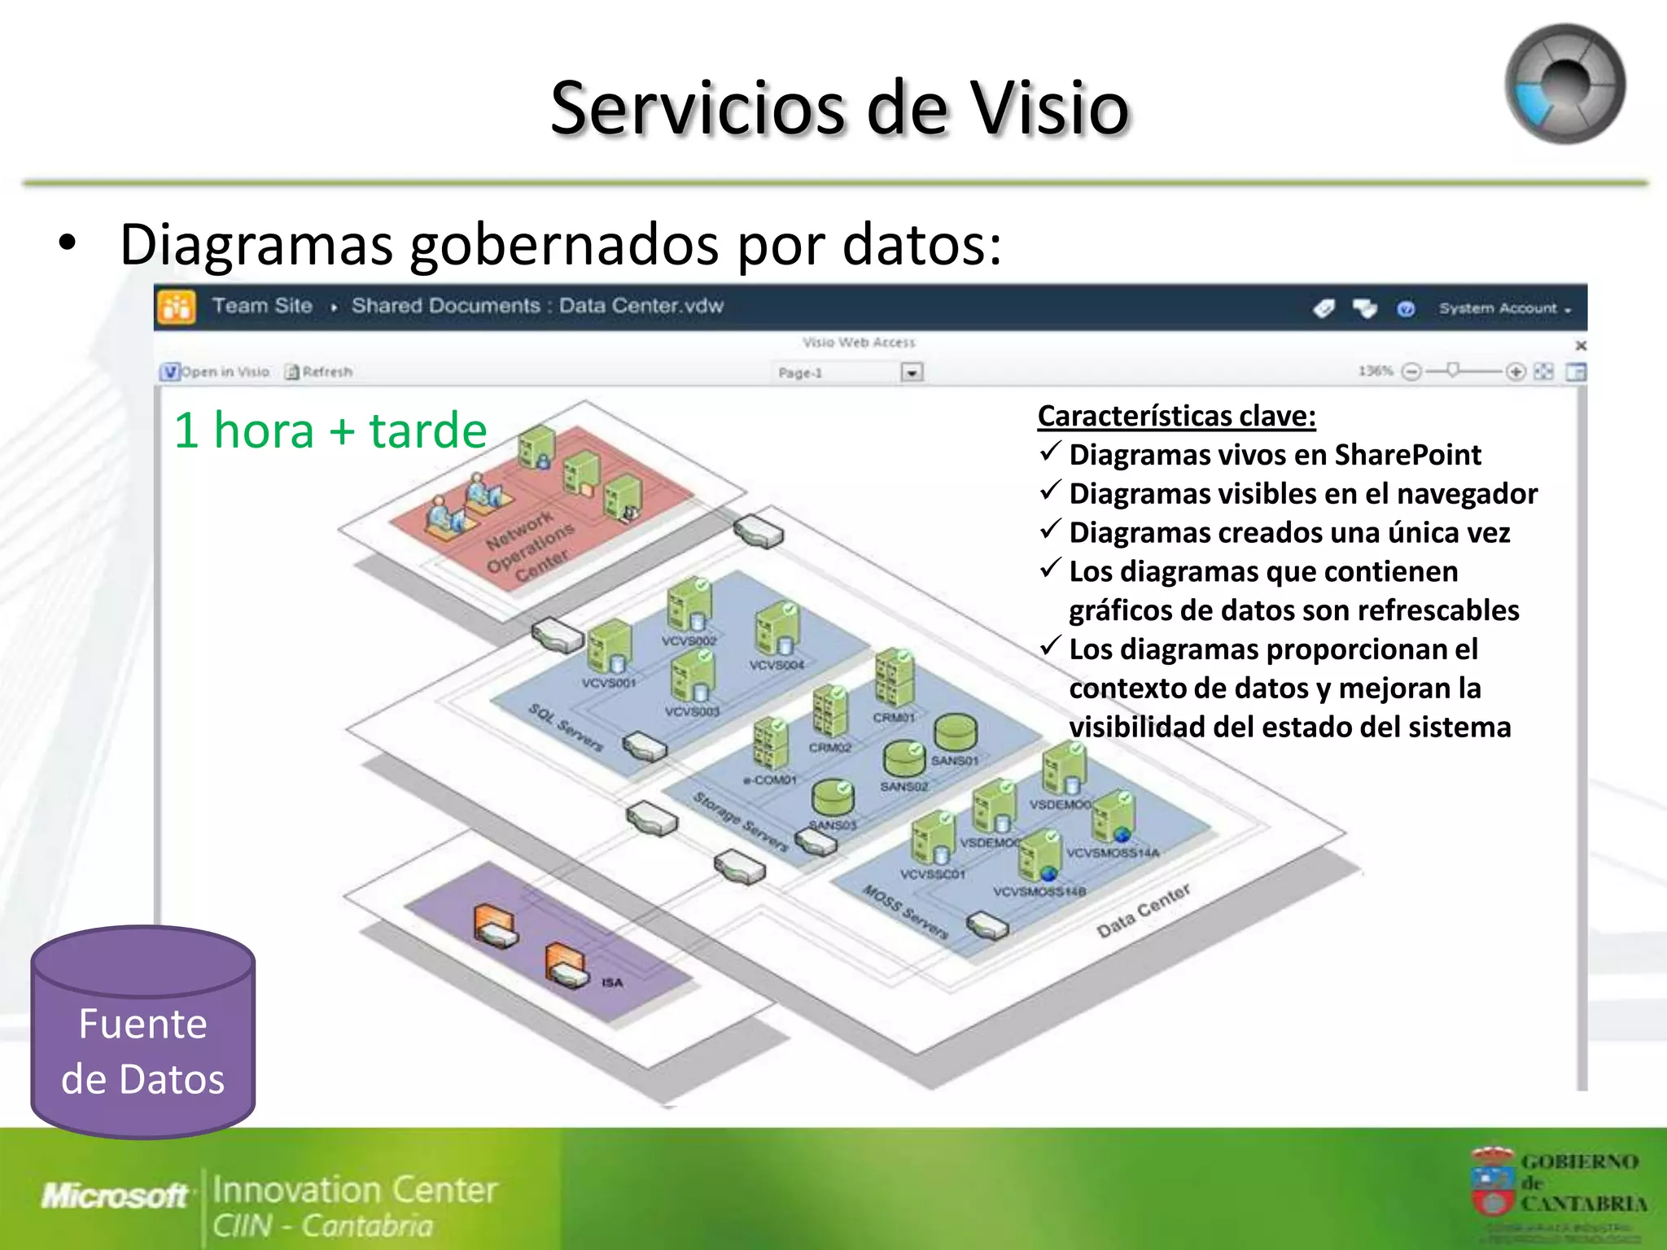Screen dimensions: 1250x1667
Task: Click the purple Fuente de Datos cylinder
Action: pyautogui.click(x=143, y=1034)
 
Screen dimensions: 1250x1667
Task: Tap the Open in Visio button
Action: pyautogui.click(x=215, y=372)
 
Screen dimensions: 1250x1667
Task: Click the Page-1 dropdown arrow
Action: pyautogui.click(x=912, y=373)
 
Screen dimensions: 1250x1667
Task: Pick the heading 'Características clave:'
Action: pyautogui.click(x=1176, y=416)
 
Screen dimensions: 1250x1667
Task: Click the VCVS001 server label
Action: pyautogui.click(x=608, y=683)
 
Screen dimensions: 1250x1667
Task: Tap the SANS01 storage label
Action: pyautogui.click(x=954, y=760)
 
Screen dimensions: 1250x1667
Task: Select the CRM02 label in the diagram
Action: pyautogui.click(x=829, y=747)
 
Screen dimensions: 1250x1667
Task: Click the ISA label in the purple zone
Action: pyautogui.click(x=612, y=983)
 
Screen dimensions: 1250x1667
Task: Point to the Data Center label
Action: pyautogui.click(x=1143, y=911)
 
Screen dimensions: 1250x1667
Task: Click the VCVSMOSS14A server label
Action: pyautogui.click(x=1112, y=853)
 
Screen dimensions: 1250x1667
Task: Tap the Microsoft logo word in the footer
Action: pyautogui.click(x=114, y=1195)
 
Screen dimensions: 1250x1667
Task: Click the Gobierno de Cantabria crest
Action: pyautogui.click(x=1492, y=1180)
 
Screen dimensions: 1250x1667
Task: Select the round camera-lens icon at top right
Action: pyautogui.click(x=1564, y=84)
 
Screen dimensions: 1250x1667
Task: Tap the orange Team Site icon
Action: pyautogui.click(x=176, y=307)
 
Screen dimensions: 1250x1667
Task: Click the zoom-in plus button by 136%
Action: pyautogui.click(x=1515, y=372)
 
